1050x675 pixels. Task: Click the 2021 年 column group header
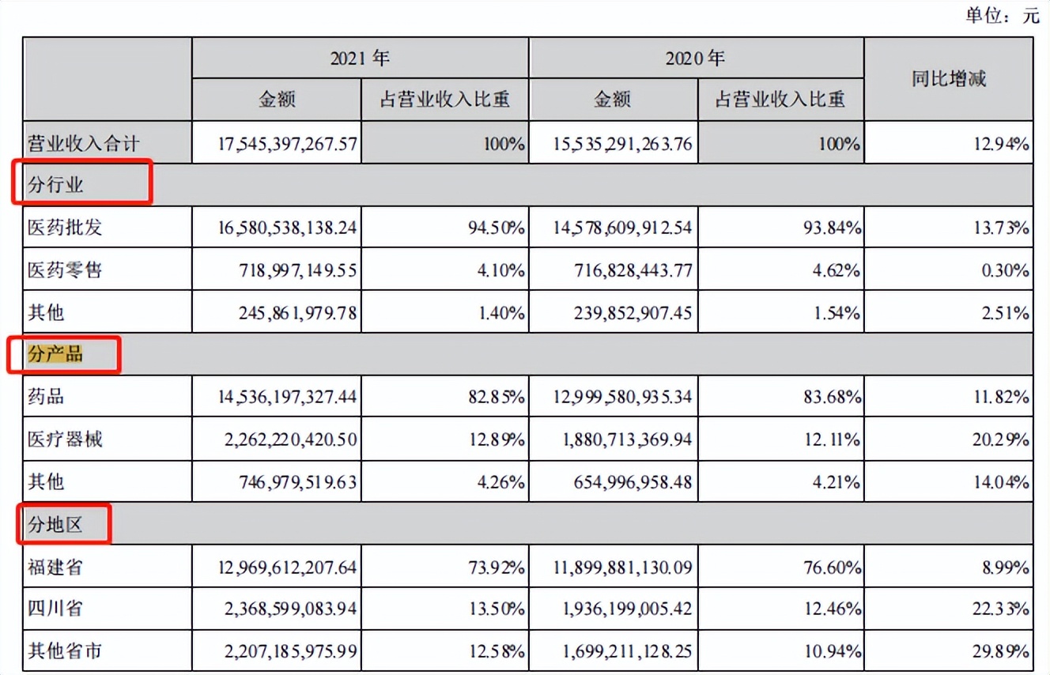pyautogui.click(x=360, y=58)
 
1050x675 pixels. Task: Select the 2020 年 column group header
pyautogui.click(x=696, y=58)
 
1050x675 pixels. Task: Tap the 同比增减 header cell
pyautogui.click(x=949, y=78)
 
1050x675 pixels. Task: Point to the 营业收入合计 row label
pyautogui.click(x=84, y=143)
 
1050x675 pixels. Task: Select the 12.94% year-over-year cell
pyautogui.click(x=1001, y=144)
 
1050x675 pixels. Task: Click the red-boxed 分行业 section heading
pyautogui.click(x=56, y=186)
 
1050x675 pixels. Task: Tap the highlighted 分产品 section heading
pyautogui.click(x=56, y=355)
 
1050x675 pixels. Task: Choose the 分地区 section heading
pyautogui.click(x=56, y=524)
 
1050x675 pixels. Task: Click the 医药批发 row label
pyautogui.click(x=65, y=228)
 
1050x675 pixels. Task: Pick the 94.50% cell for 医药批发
pyautogui.click(x=496, y=228)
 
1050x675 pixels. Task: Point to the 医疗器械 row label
pyautogui.click(x=65, y=439)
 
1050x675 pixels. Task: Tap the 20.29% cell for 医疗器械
pyautogui.click(x=1001, y=439)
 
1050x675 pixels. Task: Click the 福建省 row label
pyautogui.click(x=55, y=567)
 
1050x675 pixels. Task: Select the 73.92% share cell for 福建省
pyautogui.click(x=496, y=568)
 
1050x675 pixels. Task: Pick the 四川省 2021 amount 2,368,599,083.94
pyautogui.click(x=287, y=609)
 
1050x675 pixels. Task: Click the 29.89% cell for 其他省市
pyautogui.click(x=1001, y=652)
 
